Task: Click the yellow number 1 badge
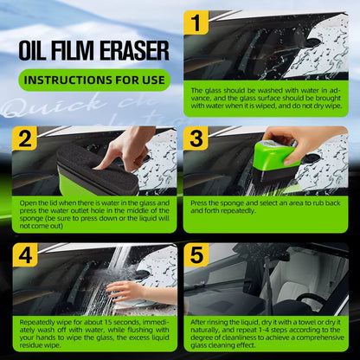[x=198, y=22]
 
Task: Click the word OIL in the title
[x=38, y=49]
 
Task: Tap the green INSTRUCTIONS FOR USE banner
[x=94, y=81]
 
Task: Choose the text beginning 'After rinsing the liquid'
[x=266, y=333]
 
